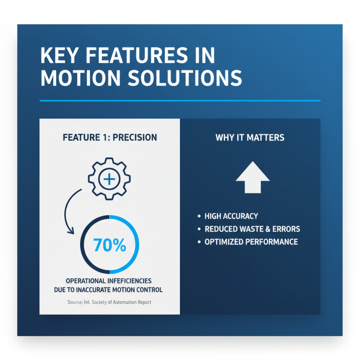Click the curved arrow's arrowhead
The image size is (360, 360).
click(x=70, y=231)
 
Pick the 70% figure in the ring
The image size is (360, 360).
click(x=109, y=245)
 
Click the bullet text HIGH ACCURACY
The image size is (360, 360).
click(x=231, y=216)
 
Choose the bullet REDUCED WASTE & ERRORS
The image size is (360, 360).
click(x=252, y=229)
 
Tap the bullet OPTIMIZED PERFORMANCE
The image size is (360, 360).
click(x=251, y=242)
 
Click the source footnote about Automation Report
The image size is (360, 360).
click(x=109, y=302)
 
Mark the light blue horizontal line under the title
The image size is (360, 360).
click(x=180, y=100)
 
